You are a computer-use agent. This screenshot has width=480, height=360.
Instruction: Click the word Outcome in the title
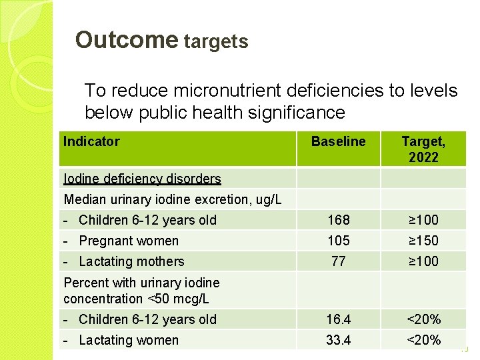pyautogui.click(x=126, y=40)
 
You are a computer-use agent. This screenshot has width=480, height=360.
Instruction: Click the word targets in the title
pyautogui.click(x=216, y=42)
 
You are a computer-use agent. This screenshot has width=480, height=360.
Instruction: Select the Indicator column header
pyautogui.click(x=91, y=141)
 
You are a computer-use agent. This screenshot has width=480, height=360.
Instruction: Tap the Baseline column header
pyautogui.click(x=338, y=141)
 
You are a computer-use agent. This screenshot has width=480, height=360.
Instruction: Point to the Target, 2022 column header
pyautogui.click(x=423, y=149)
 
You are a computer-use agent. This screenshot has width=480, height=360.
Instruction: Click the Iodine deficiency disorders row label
pyautogui.click(x=142, y=179)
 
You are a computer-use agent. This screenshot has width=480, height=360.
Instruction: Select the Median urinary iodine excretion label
pyautogui.click(x=172, y=199)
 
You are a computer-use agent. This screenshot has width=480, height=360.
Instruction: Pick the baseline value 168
pyautogui.click(x=338, y=220)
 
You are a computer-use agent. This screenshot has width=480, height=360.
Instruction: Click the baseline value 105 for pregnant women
pyautogui.click(x=338, y=241)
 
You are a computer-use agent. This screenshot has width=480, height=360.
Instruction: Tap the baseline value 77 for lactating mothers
pyautogui.click(x=338, y=261)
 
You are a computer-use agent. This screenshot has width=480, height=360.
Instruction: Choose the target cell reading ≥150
pyautogui.click(x=423, y=241)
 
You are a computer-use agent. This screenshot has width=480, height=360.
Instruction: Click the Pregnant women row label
pyautogui.click(x=129, y=241)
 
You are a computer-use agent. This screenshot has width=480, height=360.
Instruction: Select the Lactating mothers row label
pyautogui.click(x=131, y=261)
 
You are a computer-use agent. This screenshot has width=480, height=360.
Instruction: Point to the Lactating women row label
pyautogui.click(x=129, y=340)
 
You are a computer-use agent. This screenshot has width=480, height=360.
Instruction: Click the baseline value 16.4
pyautogui.click(x=338, y=319)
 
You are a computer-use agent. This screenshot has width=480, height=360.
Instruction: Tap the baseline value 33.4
pyautogui.click(x=338, y=340)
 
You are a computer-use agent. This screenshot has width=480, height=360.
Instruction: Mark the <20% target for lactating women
pyautogui.click(x=423, y=340)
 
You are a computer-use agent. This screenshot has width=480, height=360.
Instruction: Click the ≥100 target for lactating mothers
pyautogui.click(x=423, y=261)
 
